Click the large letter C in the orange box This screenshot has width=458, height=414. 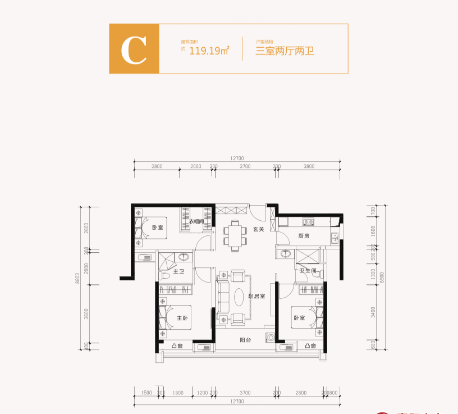coord(134,49)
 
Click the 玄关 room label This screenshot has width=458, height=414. coord(258,229)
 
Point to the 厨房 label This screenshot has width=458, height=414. coord(304,236)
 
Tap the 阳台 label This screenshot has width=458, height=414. coord(245,340)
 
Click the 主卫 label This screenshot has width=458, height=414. coord(179,271)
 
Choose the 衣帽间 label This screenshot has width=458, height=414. coord(195,221)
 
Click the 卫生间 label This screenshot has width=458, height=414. coord(308,271)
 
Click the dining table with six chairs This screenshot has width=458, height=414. coord(235,235)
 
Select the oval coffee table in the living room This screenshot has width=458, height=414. coord(238,296)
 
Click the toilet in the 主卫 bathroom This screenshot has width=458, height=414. coord(166,277)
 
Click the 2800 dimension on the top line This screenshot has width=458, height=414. coord(157,166)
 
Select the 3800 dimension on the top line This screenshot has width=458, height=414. coord(309,166)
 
